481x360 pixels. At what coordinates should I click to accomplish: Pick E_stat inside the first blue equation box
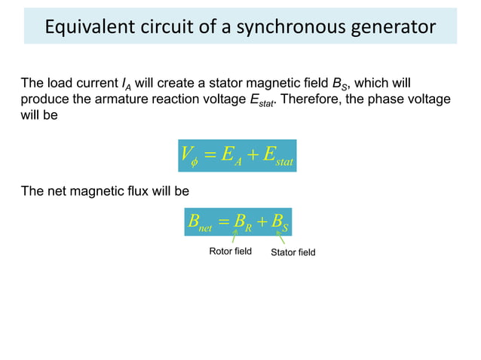(x=276, y=156)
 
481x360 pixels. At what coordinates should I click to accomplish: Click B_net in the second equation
(x=199, y=222)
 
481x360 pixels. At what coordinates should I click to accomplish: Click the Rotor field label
(x=230, y=251)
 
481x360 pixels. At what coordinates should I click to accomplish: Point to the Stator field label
(x=293, y=252)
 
